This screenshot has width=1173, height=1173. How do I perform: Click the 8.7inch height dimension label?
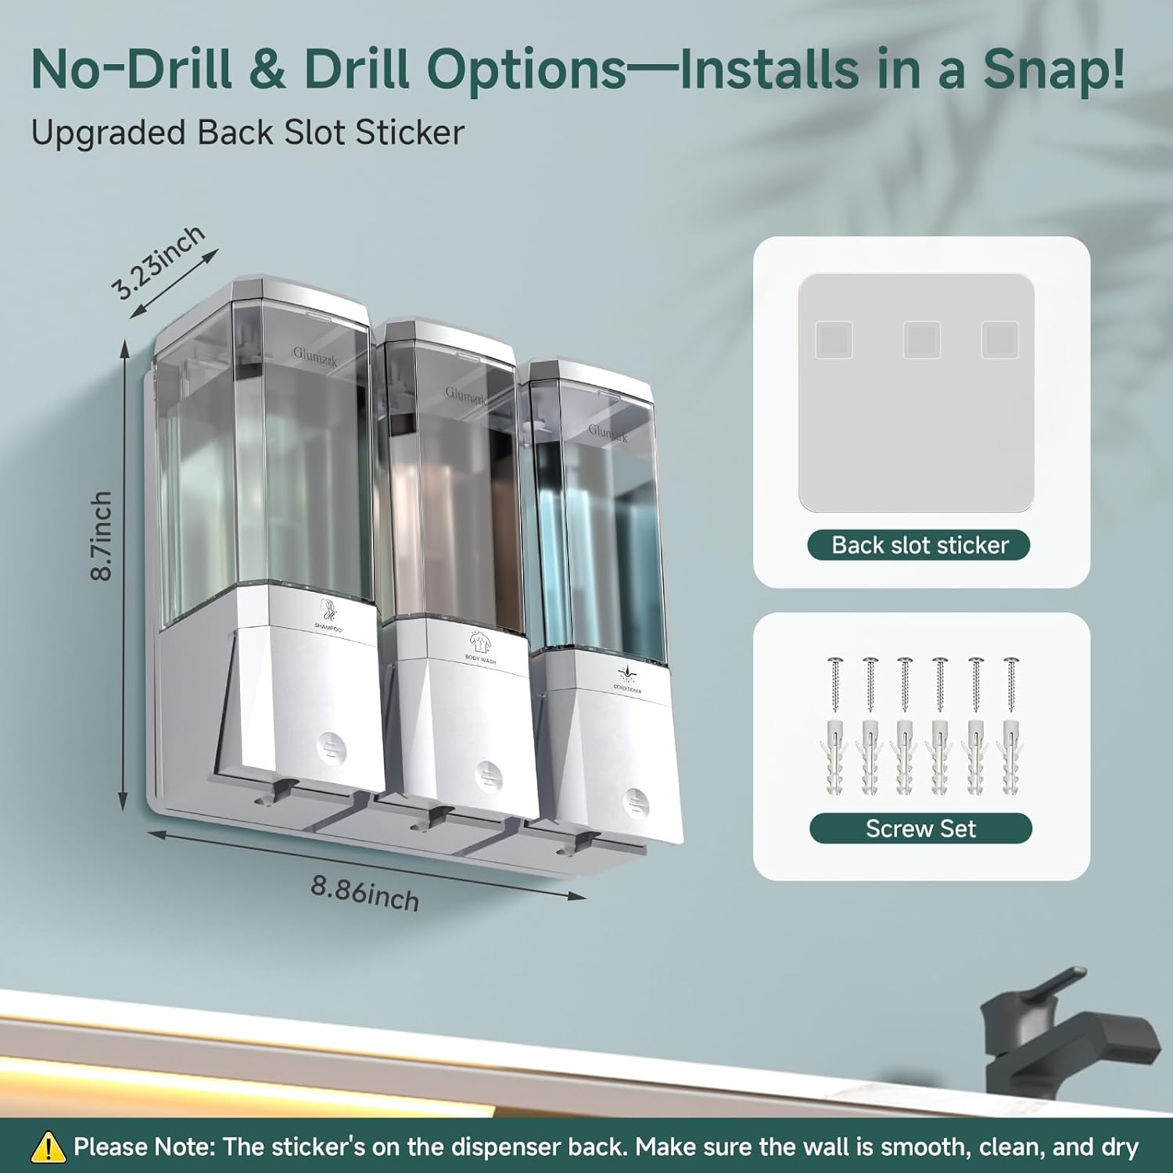101,536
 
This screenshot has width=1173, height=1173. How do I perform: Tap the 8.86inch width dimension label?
364,892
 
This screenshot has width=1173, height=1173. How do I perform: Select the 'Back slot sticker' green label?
919,545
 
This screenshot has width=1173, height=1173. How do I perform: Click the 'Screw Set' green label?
920,828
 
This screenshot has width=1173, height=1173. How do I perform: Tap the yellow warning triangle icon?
48,1147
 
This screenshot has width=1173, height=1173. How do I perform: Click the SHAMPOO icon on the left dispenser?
328,610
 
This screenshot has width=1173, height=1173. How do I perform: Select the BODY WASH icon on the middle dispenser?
479,643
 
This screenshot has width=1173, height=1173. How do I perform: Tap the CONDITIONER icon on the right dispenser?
626,673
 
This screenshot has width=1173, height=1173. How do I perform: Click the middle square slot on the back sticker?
921,340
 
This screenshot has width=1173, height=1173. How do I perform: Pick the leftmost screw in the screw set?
834,684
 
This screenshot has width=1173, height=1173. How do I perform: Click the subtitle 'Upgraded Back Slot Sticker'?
248,132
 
